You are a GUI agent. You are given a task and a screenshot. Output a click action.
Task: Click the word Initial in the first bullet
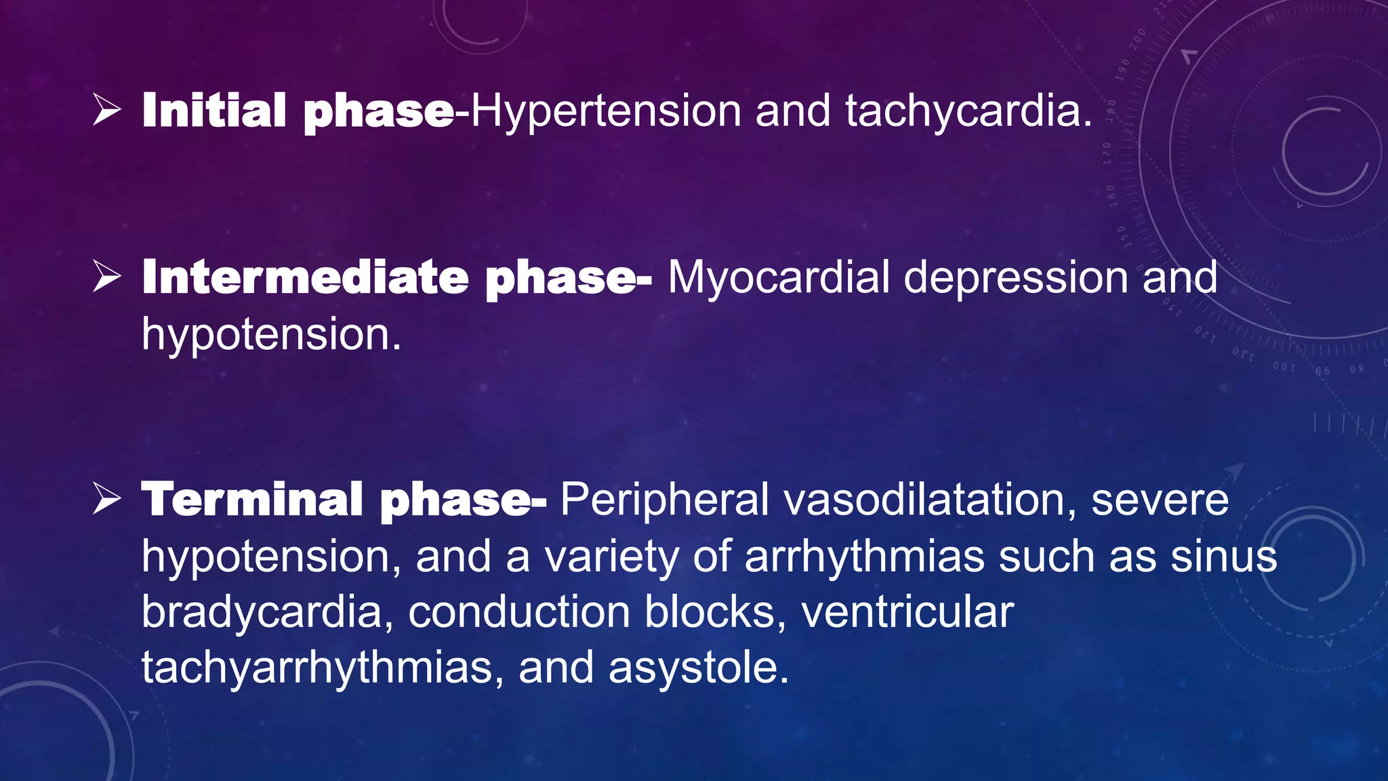coord(214,111)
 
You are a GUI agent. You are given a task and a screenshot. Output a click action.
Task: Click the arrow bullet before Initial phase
coord(107,111)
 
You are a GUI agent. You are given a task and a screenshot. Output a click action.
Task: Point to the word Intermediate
coord(305,278)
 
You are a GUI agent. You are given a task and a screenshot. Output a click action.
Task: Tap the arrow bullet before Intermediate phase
coord(107,277)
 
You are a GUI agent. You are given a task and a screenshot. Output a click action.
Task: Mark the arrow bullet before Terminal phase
coord(107,500)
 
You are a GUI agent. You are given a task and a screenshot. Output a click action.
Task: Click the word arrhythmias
coord(864,557)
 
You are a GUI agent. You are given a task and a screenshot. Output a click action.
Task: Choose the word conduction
coord(518,612)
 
